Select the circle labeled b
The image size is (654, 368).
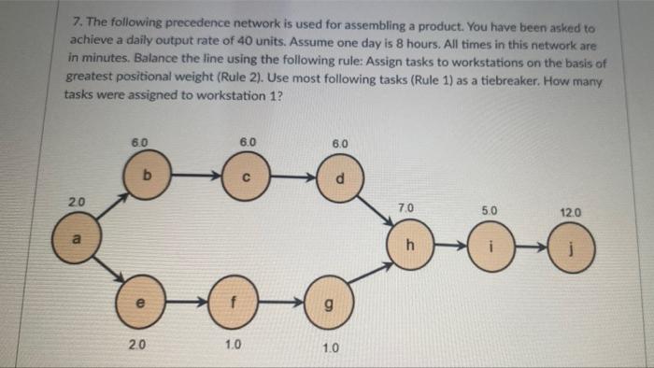(145, 175)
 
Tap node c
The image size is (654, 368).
(244, 175)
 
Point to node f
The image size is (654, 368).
(231, 304)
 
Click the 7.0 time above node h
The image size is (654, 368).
(405, 207)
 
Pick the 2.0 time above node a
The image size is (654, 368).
(75, 204)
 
